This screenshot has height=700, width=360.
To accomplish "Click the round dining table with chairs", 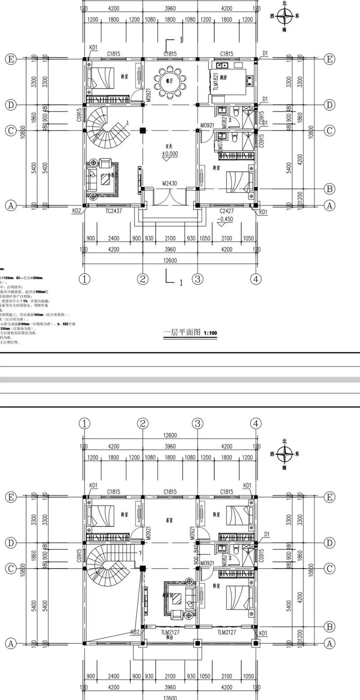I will point(170,82).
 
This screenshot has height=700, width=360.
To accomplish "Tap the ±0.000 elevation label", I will point(170,154).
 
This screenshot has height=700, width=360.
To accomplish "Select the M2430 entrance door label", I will point(170,184).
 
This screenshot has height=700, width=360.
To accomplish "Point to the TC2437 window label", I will point(113,210).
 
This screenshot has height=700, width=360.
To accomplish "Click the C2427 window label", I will point(227,211).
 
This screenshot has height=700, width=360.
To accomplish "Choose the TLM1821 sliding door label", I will point(216,82).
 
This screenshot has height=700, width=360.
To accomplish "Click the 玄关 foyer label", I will point(170,146).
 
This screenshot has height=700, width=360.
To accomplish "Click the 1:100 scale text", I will point(210,333).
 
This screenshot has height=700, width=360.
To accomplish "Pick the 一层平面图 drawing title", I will point(182,333).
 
